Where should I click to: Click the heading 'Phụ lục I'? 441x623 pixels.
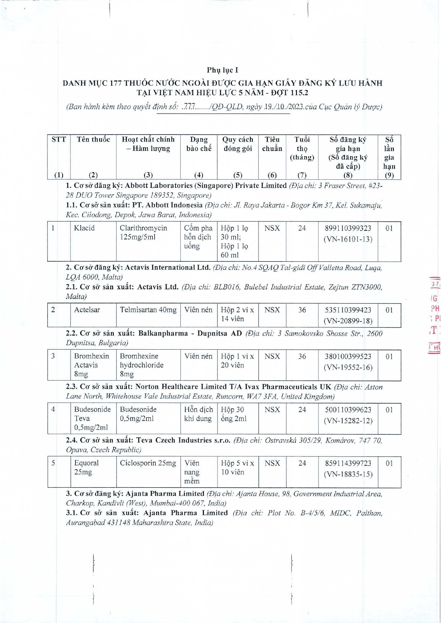[222, 70]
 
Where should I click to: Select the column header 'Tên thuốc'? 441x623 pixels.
[93, 140]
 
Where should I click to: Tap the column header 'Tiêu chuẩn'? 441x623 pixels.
[272, 144]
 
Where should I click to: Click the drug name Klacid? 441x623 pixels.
[84, 228]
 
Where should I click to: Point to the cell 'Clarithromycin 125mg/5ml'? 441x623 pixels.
[143, 233]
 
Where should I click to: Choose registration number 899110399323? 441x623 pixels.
[348, 228]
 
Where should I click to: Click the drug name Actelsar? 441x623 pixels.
[87, 310]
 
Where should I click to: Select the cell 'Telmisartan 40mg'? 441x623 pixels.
[148, 310]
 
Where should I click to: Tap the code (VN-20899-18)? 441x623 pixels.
[348, 321]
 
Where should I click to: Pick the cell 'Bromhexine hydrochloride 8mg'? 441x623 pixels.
[141, 365]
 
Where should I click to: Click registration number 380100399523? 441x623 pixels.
[348, 356]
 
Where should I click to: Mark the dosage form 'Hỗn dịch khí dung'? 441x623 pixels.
[198, 414]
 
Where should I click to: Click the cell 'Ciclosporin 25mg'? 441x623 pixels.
[148, 463]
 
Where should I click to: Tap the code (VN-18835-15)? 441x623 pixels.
[348, 474]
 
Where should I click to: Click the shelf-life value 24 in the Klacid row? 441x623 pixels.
[302, 228]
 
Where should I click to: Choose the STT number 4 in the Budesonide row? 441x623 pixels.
[53, 409]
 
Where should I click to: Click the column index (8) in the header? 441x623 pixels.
[348, 175]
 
